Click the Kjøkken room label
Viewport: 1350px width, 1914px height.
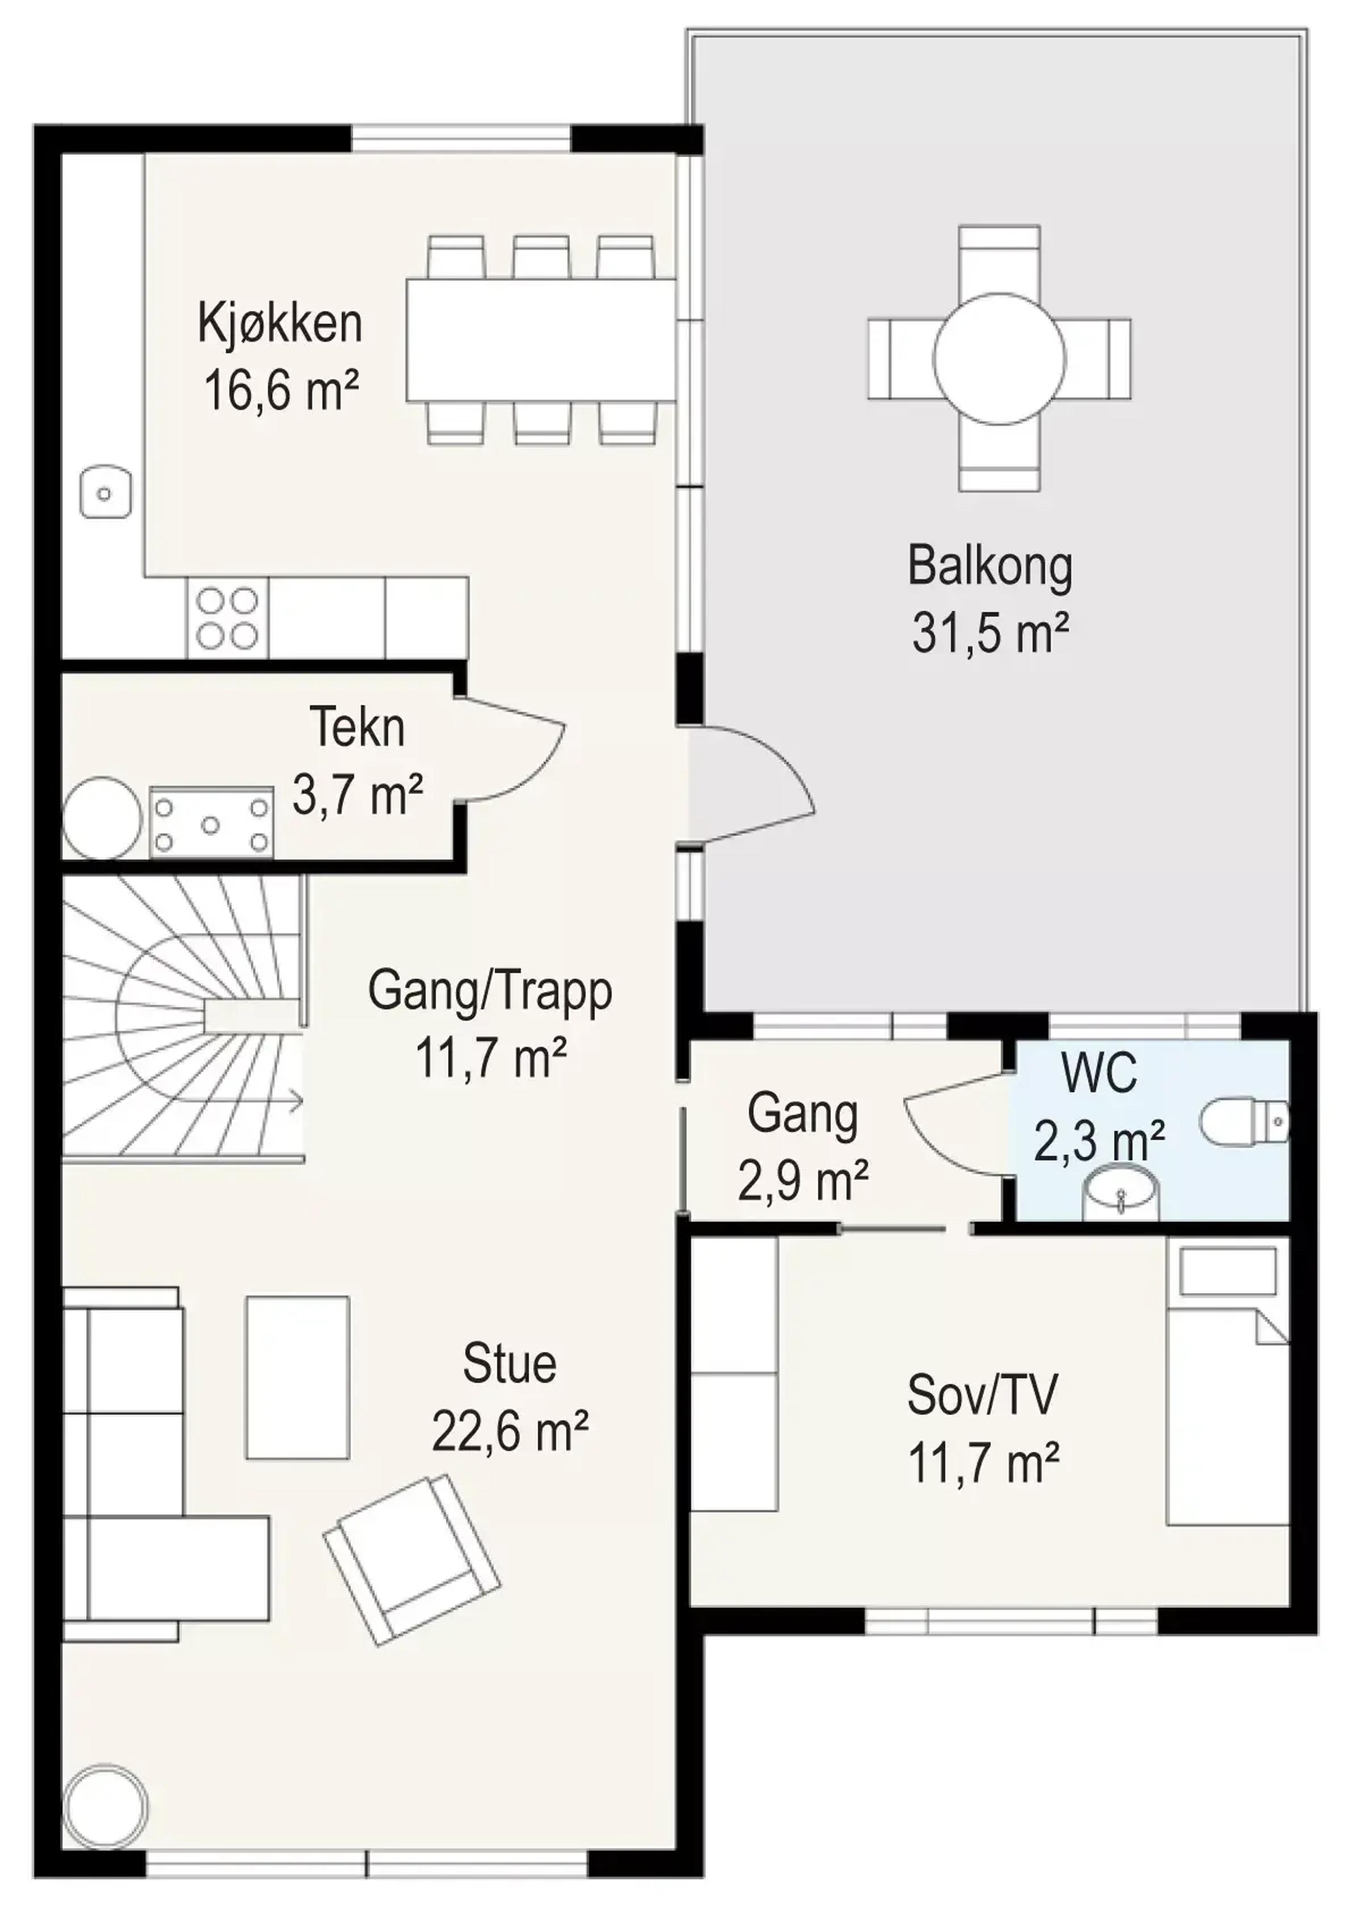coord(280,325)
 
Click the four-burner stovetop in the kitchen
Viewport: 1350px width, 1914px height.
coord(227,618)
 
